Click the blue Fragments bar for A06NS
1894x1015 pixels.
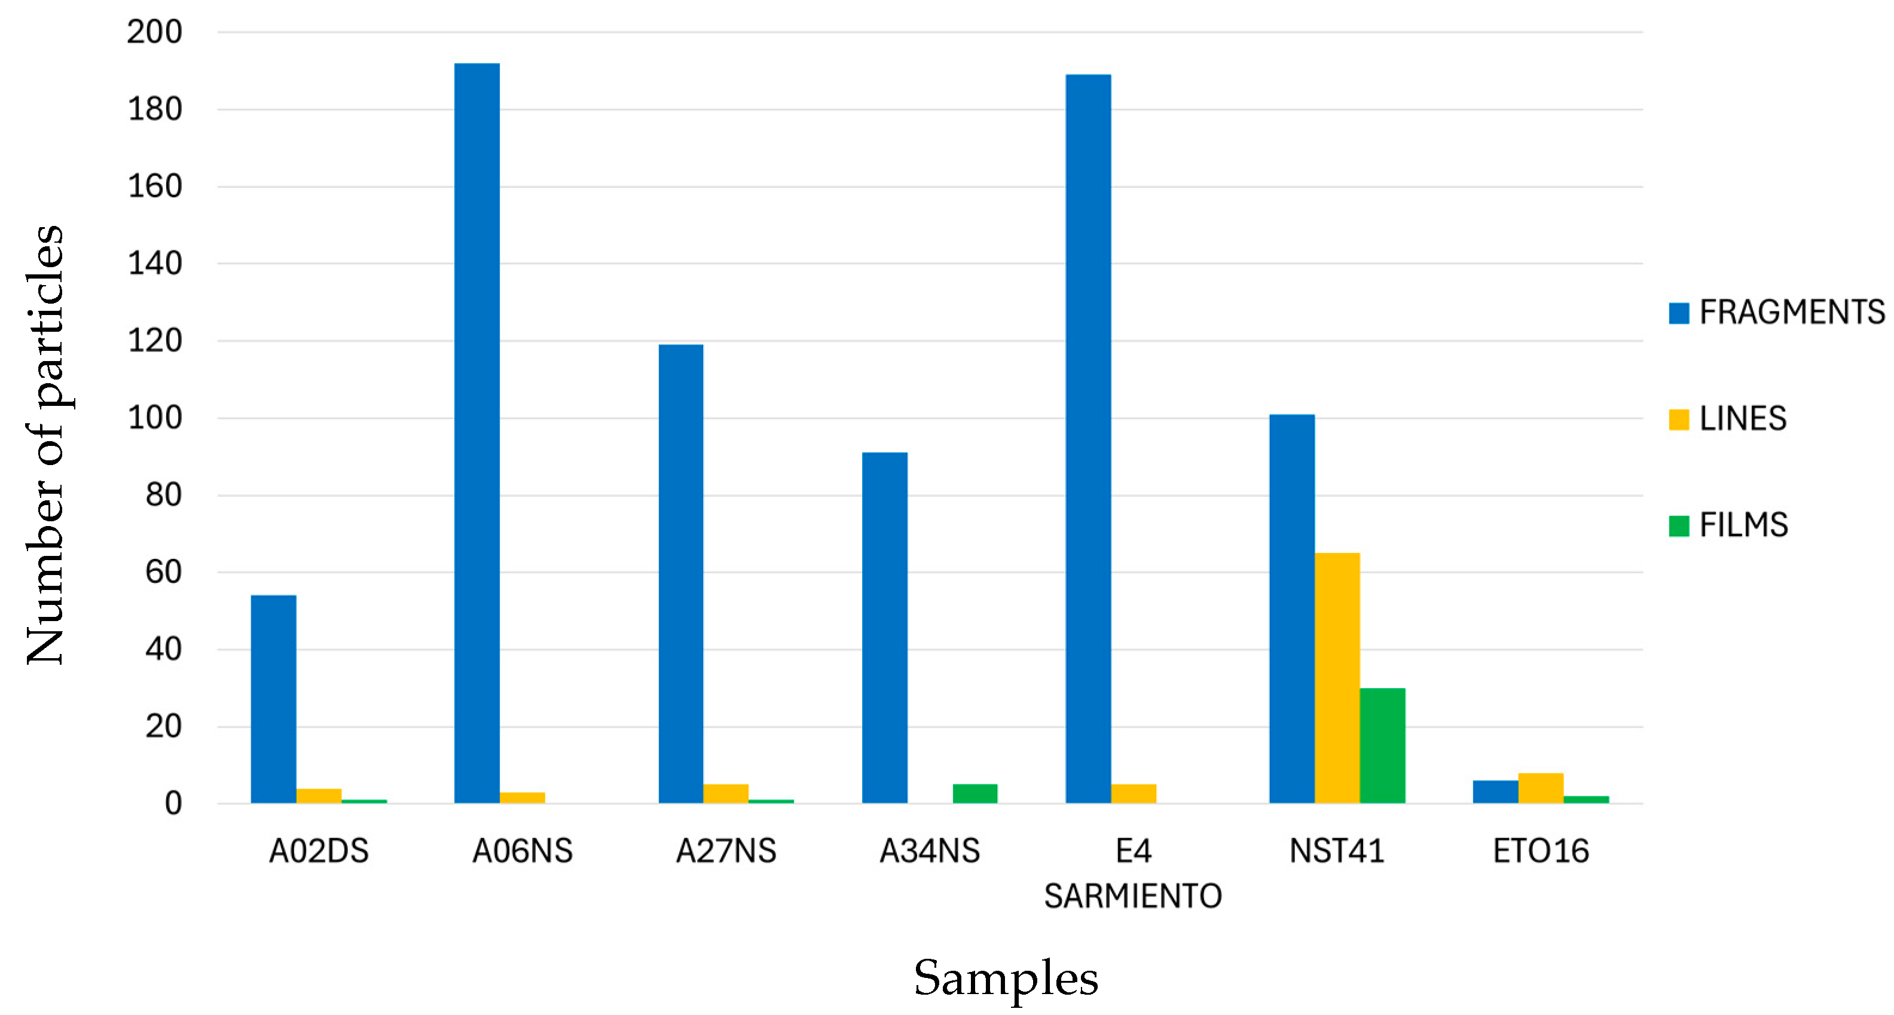click(x=476, y=433)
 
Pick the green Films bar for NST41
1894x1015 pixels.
click(x=1382, y=745)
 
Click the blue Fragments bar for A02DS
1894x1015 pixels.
click(x=273, y=699)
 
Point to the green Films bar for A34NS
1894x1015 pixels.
click(x=975, y=794)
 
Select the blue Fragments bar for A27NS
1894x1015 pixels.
click(x=681, y=573)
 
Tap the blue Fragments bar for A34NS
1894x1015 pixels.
click(x=884, y=628)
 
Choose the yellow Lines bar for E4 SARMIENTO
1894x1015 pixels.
click(x=1133, y=794)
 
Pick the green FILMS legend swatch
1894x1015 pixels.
click(x=1679, y=525)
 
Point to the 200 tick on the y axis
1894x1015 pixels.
click(x=154, y=32)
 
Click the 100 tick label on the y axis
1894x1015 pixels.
click(x=154, y=418)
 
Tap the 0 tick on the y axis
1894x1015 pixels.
click(x=173, y=803)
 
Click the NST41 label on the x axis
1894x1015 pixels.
click(x=1337, y=851)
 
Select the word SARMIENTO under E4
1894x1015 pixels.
click(x=1133, y=896)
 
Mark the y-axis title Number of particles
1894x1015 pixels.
click(x=45, y=445)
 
